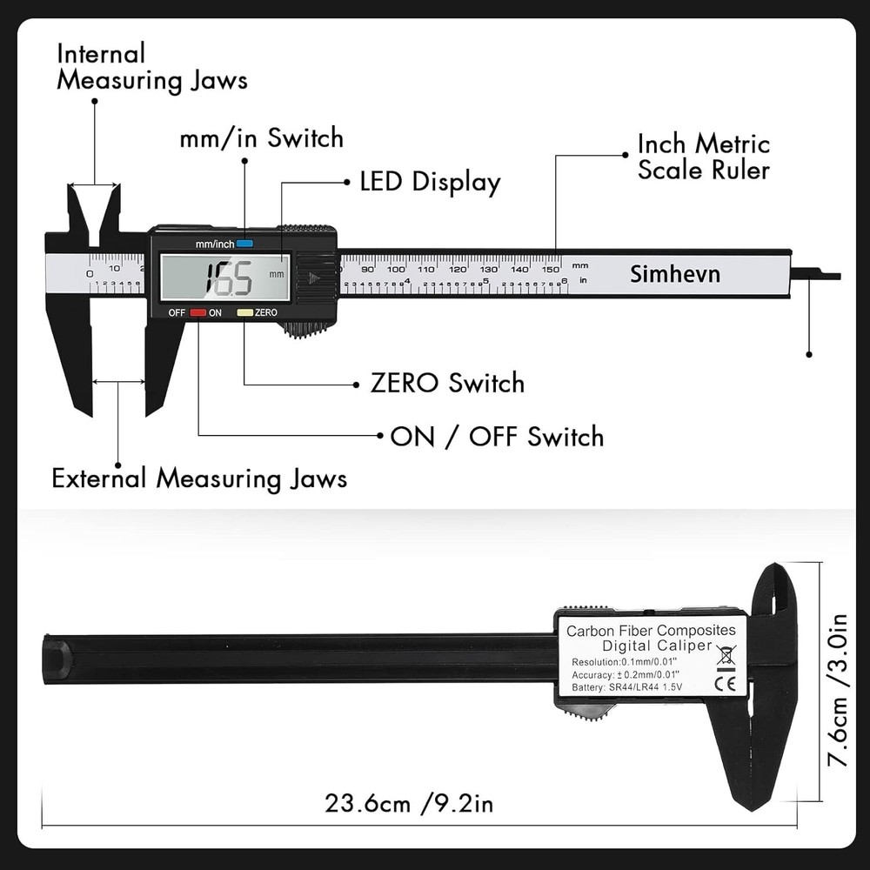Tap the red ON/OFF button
[x=198, y=312]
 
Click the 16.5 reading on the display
[x=227, y=279]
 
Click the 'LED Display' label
[x=430, y=182]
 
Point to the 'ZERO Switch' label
[x=447, y=383]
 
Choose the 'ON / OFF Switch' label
[x=497, y=436]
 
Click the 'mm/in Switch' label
[x=261, y=137]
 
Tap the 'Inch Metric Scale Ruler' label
[x=703, y=157]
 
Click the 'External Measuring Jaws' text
[x=199, y=478]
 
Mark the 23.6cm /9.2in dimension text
[x=409, y=802]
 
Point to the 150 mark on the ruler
[x=550, y=268]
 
